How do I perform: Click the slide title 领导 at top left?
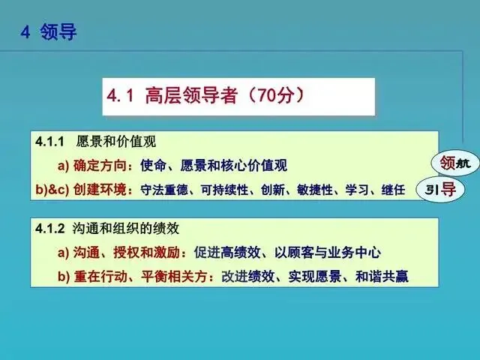[58, 31]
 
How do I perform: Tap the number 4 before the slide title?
[25, 31]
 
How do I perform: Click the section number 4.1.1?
[49, 142]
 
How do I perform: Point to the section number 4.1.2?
[50, 229]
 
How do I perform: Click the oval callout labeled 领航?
[455, 164]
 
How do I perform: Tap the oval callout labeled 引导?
[440, 190]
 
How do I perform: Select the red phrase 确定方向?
[100, 166]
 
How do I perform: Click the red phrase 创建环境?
[100, 190]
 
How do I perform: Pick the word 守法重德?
[164, 190]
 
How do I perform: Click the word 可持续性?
[224, 190]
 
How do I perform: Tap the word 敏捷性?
[314, 190]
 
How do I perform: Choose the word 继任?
[393, 190]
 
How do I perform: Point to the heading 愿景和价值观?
[116, 142]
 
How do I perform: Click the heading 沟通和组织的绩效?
[126, 229]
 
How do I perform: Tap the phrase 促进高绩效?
[227, 253]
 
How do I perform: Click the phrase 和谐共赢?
[382, 277]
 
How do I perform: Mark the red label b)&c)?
[52, 190]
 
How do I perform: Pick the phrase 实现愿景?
[315, 277]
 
